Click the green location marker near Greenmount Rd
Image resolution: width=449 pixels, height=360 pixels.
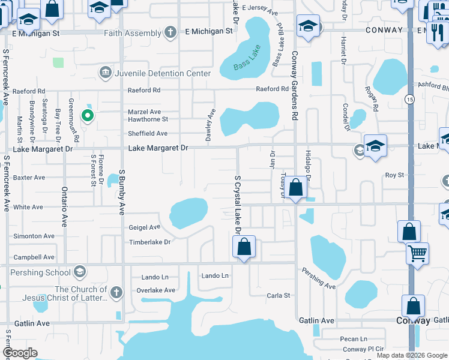click(88, 115)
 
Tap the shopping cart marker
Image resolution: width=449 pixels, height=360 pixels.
click(417, 253)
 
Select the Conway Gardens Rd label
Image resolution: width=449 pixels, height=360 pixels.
click(295, 91)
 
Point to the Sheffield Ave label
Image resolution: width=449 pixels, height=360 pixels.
click(148, 134)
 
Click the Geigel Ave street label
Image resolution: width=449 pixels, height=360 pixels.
click(145, 227)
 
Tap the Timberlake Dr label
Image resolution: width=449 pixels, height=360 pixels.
click(150, 242)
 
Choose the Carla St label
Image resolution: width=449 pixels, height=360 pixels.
click(279, 296)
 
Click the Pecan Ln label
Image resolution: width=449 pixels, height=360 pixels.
click(353, 340)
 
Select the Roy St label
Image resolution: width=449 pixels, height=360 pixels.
click(394, 175)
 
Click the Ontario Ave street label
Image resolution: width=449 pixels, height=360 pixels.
click(64, 206)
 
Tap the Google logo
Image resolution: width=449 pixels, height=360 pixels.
click(20, 353)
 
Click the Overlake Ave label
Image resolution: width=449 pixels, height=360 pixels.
click(155, 290)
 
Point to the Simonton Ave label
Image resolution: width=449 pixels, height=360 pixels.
click(34, 236)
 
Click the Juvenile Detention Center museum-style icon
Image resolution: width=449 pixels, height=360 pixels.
click(106, 73)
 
